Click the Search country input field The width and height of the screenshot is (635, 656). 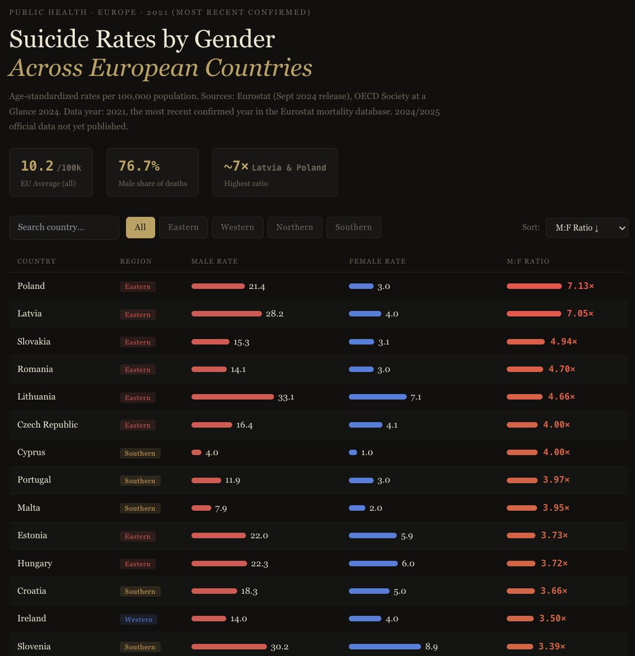click(x=64, y=227)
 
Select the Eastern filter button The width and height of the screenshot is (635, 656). click(x=183, y=227)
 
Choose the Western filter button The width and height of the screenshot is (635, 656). click(x=237, y=227)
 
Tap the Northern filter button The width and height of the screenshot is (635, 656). click(x=294, y=227)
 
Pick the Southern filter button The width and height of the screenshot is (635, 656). click(x=353, y=227)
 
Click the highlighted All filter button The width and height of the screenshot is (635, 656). click(x=140, y=227)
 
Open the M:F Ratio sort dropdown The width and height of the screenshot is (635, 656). click(x=587, y=228)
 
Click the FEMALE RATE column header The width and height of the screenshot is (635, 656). click(x=377, y=261)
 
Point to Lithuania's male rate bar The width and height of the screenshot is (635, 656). click(x=232, y=397)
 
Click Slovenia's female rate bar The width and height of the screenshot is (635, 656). click(x=385, y=647)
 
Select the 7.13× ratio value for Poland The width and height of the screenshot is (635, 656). click(x=581, y=286)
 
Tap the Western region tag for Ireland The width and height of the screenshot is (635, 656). click(x=139, y=619)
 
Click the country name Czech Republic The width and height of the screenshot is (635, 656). click(x=48, y=425)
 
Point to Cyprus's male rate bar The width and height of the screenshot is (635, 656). click(x=196, y=452)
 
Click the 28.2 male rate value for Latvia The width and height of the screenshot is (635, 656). click(x=275, y=314)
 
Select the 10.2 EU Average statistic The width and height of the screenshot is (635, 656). click(x=37, y=166)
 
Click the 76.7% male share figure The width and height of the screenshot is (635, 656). click(x=139, y=166)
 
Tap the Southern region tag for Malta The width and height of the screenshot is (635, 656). click(x=140, y=509)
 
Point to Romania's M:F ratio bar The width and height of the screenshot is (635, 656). click(x=525, y=369)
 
